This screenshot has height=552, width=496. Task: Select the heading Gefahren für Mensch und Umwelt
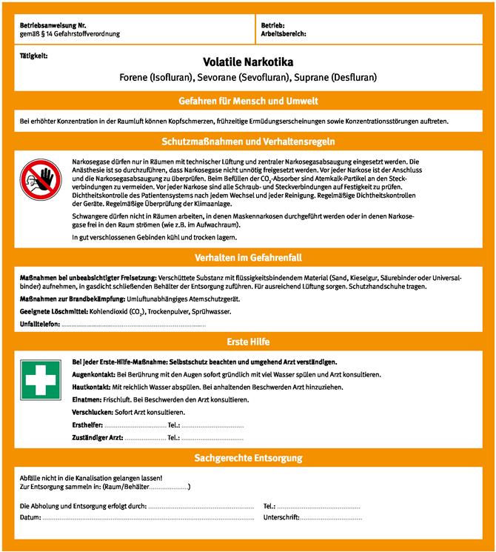248,101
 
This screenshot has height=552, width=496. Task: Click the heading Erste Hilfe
248,342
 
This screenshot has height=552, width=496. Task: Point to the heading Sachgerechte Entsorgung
248,459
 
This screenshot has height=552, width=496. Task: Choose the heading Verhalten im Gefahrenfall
248,259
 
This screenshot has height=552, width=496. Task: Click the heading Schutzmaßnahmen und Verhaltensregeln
248,141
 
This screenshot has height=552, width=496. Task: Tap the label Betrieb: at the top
272,26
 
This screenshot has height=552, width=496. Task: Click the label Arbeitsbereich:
284,34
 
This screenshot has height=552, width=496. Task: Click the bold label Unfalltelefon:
40,325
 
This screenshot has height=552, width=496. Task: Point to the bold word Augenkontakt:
94,375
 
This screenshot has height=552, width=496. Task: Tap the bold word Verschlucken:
92,412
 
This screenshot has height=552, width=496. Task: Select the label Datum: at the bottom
30,516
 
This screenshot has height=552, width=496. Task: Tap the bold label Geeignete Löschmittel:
54,312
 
